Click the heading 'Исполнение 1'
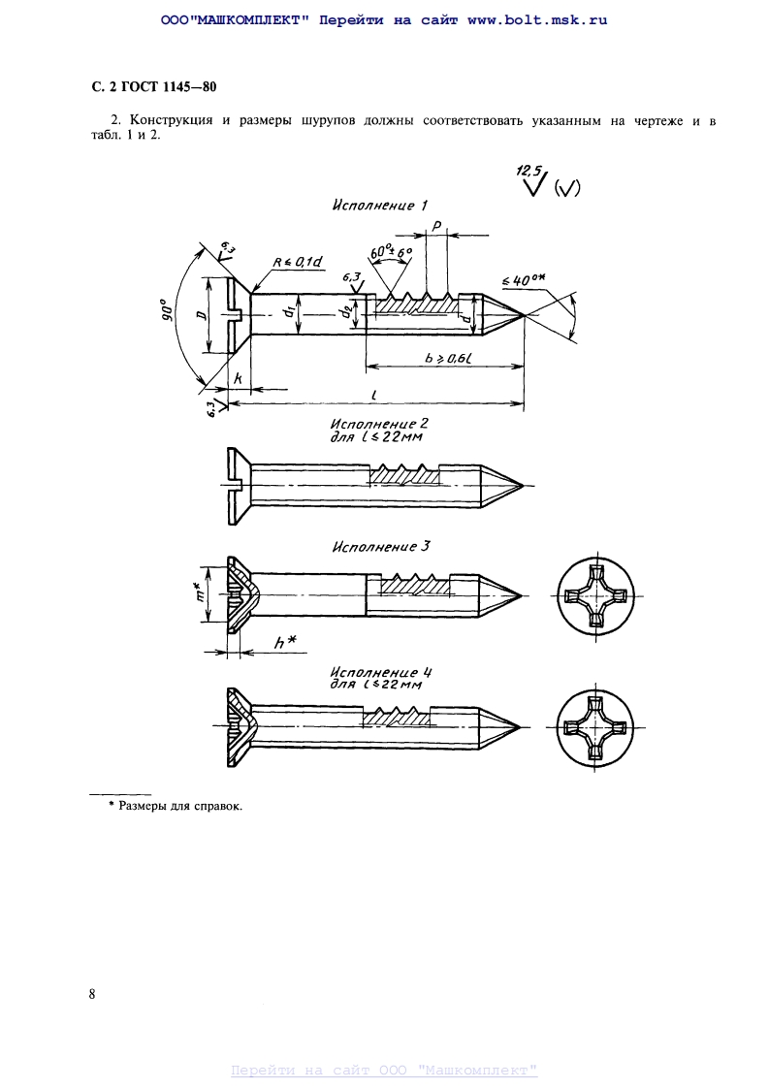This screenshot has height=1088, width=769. [x=379, y=205]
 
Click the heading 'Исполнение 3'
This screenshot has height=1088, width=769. [x=380, y=547]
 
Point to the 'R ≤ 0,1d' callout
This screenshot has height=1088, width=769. [x=300, y=262]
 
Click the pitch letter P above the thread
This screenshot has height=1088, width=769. [x=437, y=226]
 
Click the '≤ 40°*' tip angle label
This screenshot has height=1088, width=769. [x=526, y=280]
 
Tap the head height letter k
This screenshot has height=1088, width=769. [x=237, y=382]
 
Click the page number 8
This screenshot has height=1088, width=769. [x=92, y=994]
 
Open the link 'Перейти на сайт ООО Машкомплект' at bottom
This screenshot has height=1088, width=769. [x=384, y=1071]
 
